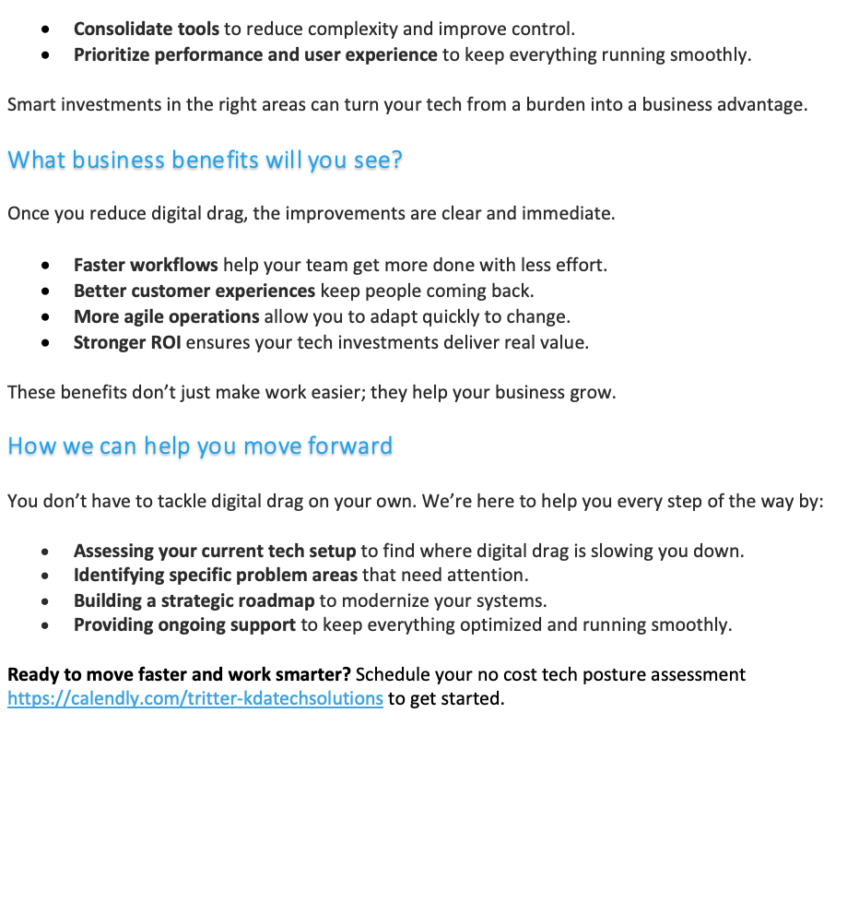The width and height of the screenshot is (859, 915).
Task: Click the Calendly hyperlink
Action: pyautogui.click(x=194, y=698)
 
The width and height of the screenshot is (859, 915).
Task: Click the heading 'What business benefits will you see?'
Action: pyautogui.click(x=205, y=160)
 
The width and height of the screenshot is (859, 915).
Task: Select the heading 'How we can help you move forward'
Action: pyautogui.click(x=200, y=446)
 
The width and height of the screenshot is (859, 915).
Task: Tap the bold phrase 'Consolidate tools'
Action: pyautogui.click(x=147, y=30)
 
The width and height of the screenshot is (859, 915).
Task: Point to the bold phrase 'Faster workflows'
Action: pyautogui.click(x=146, y=266)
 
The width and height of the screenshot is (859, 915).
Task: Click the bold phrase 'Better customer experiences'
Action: pyautogui.click(x=194, y=291)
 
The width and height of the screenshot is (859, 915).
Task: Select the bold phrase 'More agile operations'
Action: pyautogui.click(x=167, y=316)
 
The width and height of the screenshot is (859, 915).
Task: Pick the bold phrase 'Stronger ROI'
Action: pyautogui.click(x=127, y=342)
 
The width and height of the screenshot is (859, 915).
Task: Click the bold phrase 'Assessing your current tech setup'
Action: pyautogui.click(x=215, y=551)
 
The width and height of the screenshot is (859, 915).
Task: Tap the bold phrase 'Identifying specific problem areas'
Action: pyautogui.click(x=216, y=576)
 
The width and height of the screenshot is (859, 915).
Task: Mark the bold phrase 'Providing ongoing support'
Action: pyautogui.click(x=184, y=625)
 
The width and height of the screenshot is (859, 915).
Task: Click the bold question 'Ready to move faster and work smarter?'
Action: pyautogui.click(x=179, y=674)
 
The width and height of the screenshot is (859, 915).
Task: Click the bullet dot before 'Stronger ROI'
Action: pyautogui.click(x=45, y=343)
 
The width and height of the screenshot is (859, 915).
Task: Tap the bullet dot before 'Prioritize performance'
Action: pyautogui.click(x=45, y=55)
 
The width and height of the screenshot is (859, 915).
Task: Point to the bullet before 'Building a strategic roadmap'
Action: pyautogui.click(x=45, y=601)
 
